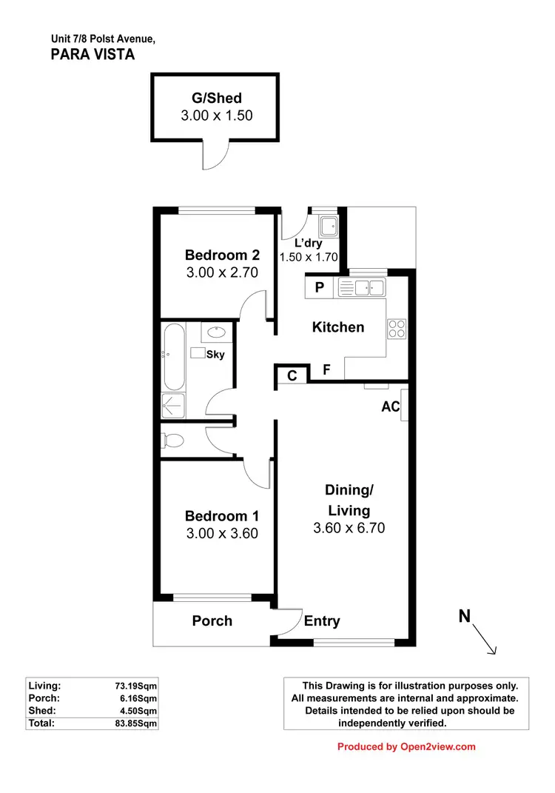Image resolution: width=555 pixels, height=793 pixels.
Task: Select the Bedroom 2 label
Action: point(222,255)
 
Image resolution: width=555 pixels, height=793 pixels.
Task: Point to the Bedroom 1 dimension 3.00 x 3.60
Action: point(222,533)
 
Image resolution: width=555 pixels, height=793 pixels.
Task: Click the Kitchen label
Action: point(338,327)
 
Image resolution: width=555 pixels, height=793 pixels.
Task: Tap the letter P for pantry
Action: point(320,288)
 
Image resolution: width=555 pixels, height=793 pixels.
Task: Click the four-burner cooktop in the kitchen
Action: point(396,328)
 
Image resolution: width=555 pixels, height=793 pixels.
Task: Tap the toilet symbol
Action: point(172,441)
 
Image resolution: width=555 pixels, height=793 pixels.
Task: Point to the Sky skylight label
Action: point(215,355)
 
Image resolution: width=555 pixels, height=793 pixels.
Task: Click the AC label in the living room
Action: point(390,406)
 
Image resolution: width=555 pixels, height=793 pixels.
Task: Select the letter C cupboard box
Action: point(292,376)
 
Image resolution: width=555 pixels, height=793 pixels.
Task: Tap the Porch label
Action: point(212,620)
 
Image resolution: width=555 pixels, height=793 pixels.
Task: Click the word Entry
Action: point(322,621)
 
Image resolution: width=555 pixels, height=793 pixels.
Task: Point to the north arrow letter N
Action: point(465,615)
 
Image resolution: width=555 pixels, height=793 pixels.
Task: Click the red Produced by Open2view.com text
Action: point(406,746)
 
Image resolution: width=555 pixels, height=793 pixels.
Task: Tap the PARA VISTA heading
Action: point(92,53)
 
